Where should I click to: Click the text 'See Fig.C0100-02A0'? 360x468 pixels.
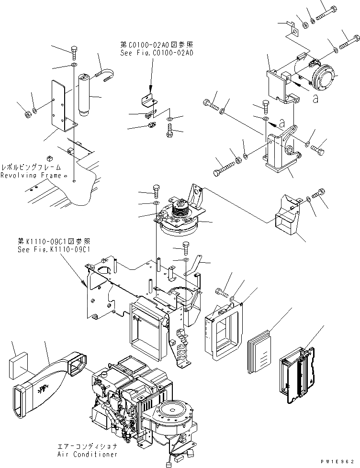(157, 53)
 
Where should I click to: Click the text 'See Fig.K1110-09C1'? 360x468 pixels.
(54, 249)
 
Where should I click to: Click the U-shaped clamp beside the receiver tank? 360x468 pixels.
(108, 73)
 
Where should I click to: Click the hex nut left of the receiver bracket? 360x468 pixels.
(27, 114)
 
